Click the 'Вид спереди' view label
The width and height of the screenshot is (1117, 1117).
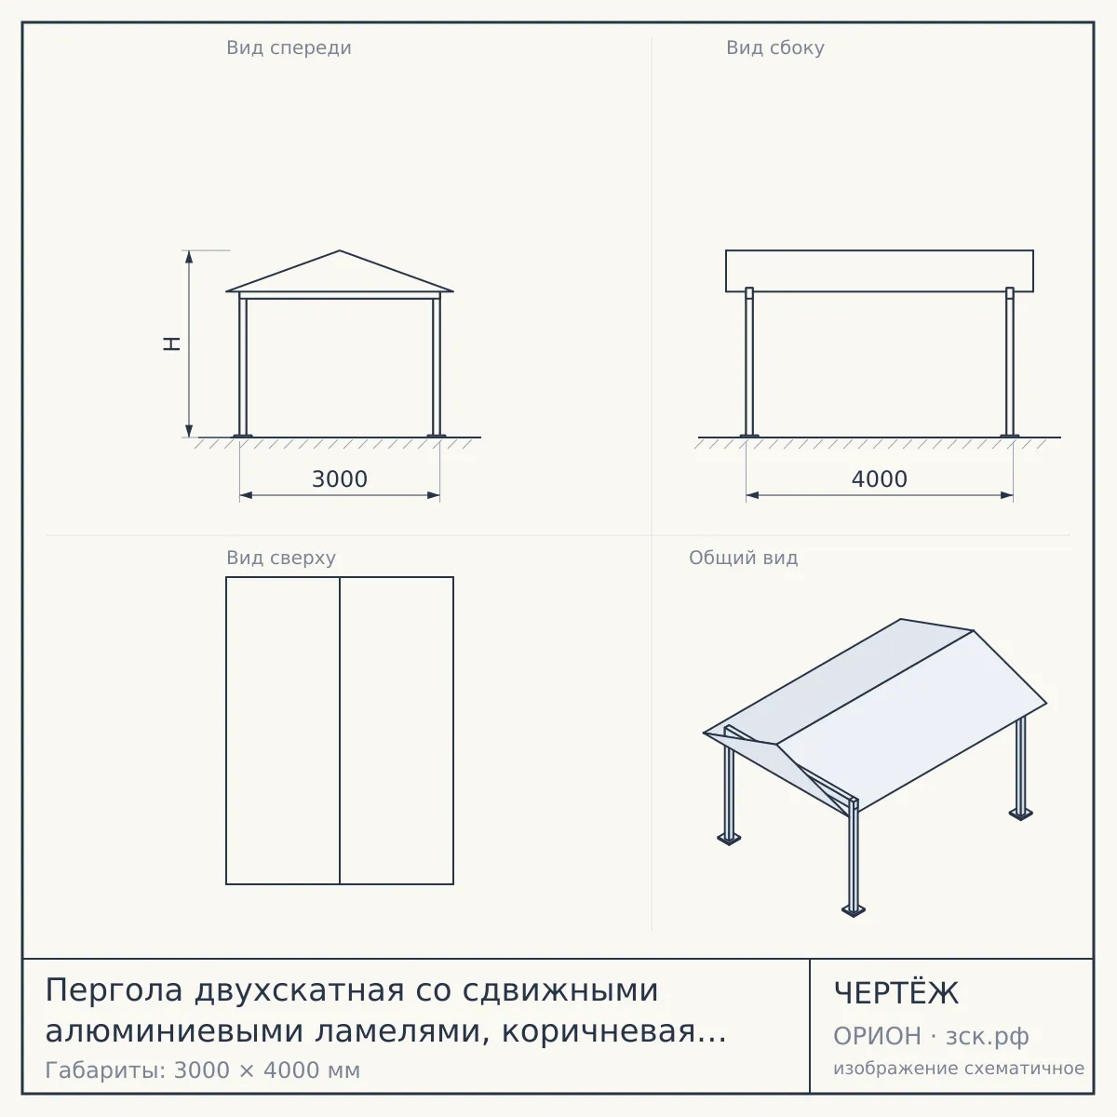point(289,47)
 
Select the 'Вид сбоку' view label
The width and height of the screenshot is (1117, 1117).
point(775,47)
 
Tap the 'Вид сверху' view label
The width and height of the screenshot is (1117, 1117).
point(281,558)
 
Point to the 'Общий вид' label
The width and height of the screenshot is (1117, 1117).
point(743,558)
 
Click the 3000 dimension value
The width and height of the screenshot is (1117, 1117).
point(340,479)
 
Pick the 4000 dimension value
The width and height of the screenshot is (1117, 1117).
point(880,479)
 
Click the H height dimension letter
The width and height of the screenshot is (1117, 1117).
point(171,343)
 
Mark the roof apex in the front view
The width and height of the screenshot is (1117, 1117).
point(340,250)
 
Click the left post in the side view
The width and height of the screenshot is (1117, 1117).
point(749,362)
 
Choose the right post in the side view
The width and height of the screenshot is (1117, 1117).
point(1010,362)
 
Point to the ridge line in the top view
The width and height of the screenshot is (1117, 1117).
point(340,731)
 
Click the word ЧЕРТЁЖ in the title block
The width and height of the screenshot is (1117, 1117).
point(896,993)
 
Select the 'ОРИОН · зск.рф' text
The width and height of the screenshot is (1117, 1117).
point(931,1036)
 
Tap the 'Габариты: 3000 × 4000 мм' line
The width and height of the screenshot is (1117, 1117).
point(203,1070)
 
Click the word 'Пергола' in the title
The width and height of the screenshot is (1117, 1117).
point(114,990)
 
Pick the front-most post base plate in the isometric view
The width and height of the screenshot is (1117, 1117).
point(854,911)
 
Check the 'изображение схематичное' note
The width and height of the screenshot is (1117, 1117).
point(959,1069)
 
